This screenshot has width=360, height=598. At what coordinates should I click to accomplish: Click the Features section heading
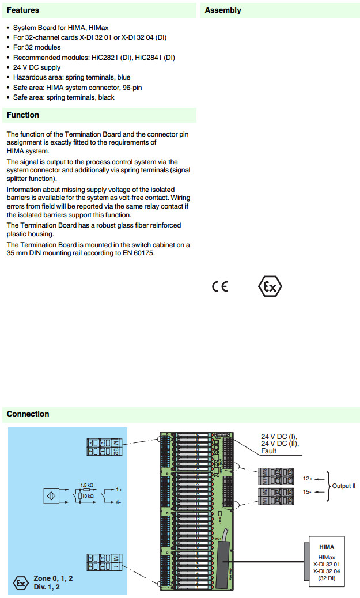[23, 10]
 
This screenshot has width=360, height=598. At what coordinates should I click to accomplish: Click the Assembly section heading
[223, 10]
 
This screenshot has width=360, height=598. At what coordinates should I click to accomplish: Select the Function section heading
[23, 115]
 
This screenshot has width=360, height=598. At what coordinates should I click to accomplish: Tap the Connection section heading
[28, 414]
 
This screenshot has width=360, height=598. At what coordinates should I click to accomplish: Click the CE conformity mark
[220, 286]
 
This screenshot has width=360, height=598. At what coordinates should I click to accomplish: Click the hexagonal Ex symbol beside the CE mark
[270, 286]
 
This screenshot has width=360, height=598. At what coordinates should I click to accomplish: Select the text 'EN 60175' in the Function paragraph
[139, 252]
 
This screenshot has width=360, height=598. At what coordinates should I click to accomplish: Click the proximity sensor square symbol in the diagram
[52, 495]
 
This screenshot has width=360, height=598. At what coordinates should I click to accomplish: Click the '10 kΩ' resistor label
[88, 495]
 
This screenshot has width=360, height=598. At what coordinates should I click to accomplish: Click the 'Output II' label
[343, 486]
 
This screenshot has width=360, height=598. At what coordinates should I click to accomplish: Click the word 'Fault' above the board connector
[268, 451]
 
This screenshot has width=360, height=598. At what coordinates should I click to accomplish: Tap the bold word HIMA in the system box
[326, 547]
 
